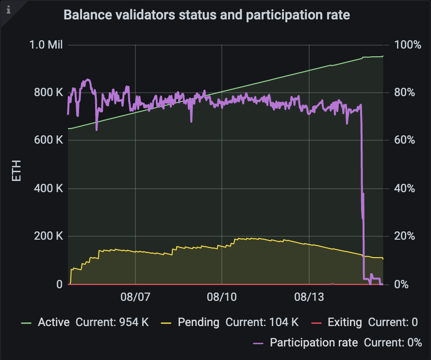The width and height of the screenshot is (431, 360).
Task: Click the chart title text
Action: pos(207,15)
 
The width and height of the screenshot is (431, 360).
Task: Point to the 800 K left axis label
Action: pos(49,93)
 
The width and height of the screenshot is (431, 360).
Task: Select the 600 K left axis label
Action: pos(49,141)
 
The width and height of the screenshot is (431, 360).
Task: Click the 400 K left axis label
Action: pos(49,189)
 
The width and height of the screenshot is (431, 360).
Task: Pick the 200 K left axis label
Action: pos(49,237)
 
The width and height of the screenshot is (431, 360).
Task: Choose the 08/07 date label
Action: pos(135,297)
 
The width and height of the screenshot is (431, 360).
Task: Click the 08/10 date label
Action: pos(222,297)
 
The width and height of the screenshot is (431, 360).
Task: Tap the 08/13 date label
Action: pos(309,297)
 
